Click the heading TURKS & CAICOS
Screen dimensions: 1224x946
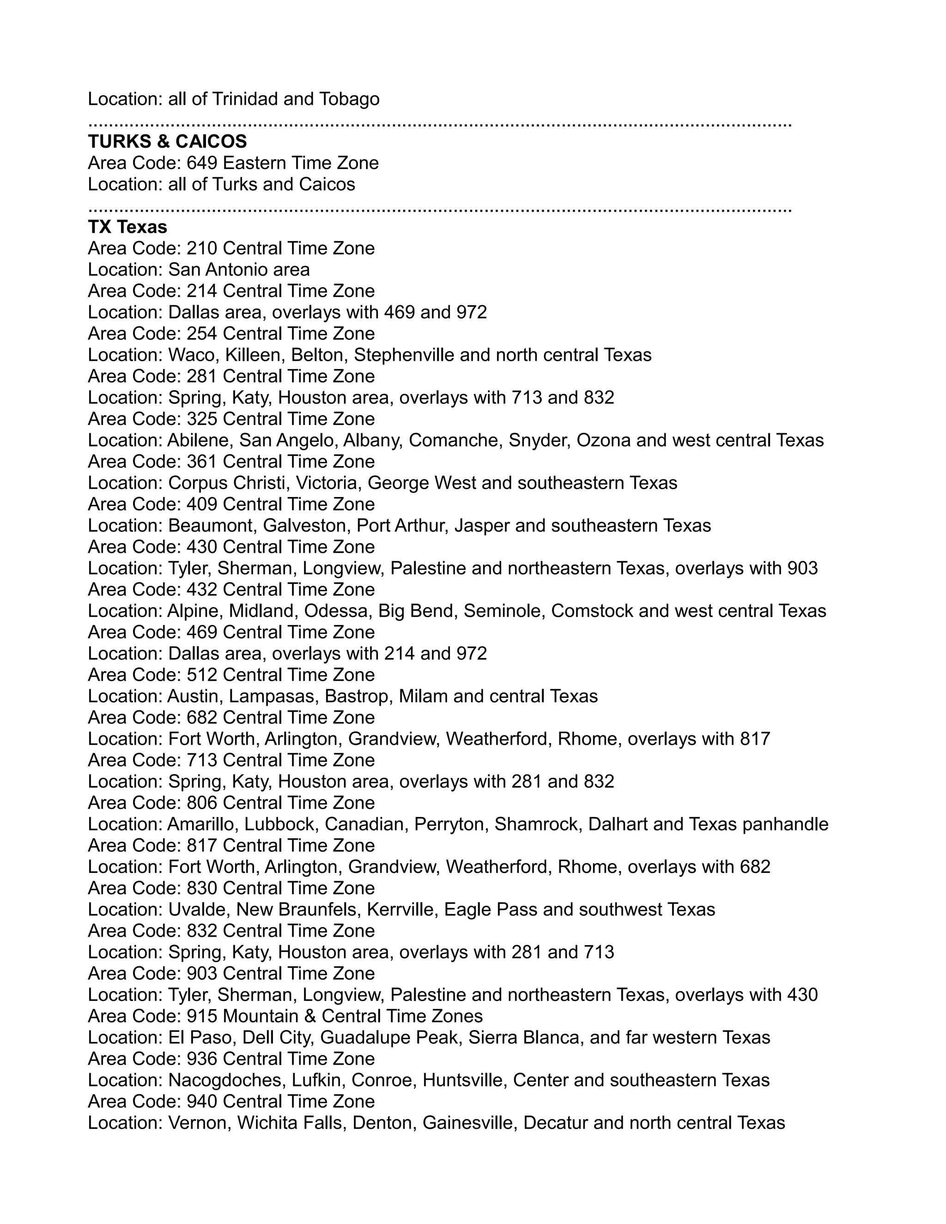pos(167,141)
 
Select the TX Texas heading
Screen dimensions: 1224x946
pos(127,227)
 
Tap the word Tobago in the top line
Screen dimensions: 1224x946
pos(349,99)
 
